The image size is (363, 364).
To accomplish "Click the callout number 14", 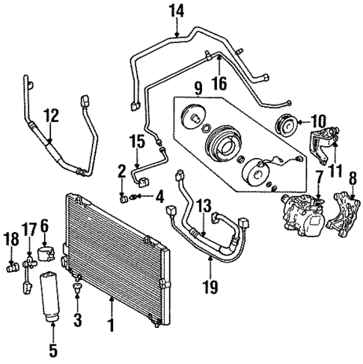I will (177, 10).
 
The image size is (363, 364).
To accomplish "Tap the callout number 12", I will (49, 116).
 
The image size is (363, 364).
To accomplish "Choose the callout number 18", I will (11, 238).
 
